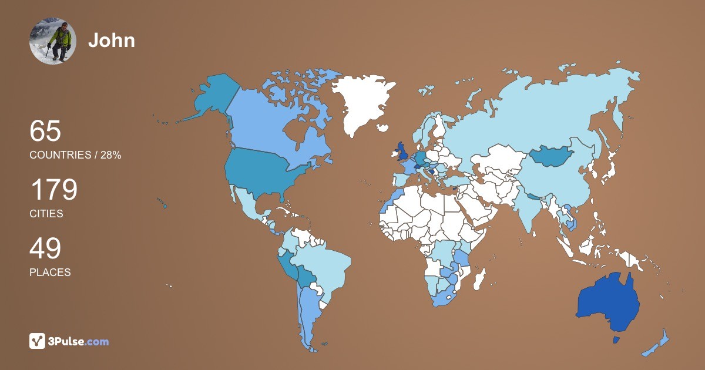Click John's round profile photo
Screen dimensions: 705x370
(53, 41)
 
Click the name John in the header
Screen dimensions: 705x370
(112, 40)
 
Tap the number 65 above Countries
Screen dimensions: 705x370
(45, 131)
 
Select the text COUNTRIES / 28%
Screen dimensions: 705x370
(75, 155)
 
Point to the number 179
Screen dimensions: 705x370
(53, 190)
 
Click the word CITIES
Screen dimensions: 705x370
(46, 214)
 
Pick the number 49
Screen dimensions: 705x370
(45, 248)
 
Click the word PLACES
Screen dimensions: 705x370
(50, 273)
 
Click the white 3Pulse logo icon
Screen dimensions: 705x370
(38, 341)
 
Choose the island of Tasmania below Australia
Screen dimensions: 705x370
(616, 339)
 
